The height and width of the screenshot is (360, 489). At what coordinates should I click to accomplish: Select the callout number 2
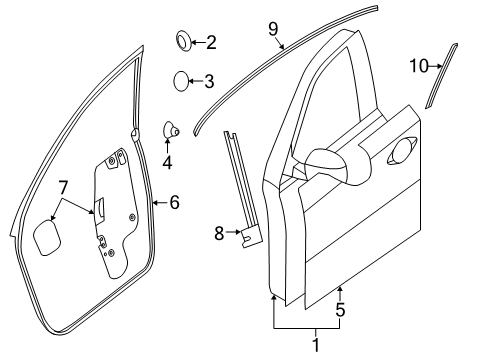point(212,42)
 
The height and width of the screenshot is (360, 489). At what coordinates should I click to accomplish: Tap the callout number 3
point(209,81)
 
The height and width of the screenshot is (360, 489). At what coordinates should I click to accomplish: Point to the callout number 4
point(167,162)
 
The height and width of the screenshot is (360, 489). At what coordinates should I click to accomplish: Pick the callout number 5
point(340,311)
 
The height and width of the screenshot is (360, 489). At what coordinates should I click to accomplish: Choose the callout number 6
point(174,203)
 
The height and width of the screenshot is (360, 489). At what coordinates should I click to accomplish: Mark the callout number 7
point(62,187)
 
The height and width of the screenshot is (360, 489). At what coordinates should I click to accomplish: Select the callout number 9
point(272,30)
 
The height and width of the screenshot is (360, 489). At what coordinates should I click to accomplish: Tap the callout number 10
point(418,66)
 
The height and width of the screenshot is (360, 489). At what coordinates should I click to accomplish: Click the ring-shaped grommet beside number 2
point(184,42)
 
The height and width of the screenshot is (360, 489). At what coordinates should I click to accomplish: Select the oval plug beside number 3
point(180,81)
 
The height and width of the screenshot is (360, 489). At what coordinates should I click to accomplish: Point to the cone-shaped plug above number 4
point(171,130)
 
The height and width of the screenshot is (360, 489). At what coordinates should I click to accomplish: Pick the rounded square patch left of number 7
point(46,240)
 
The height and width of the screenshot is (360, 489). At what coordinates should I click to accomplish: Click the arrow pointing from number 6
point(159,203)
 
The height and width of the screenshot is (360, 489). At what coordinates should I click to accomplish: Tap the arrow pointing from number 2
point(198,42)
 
